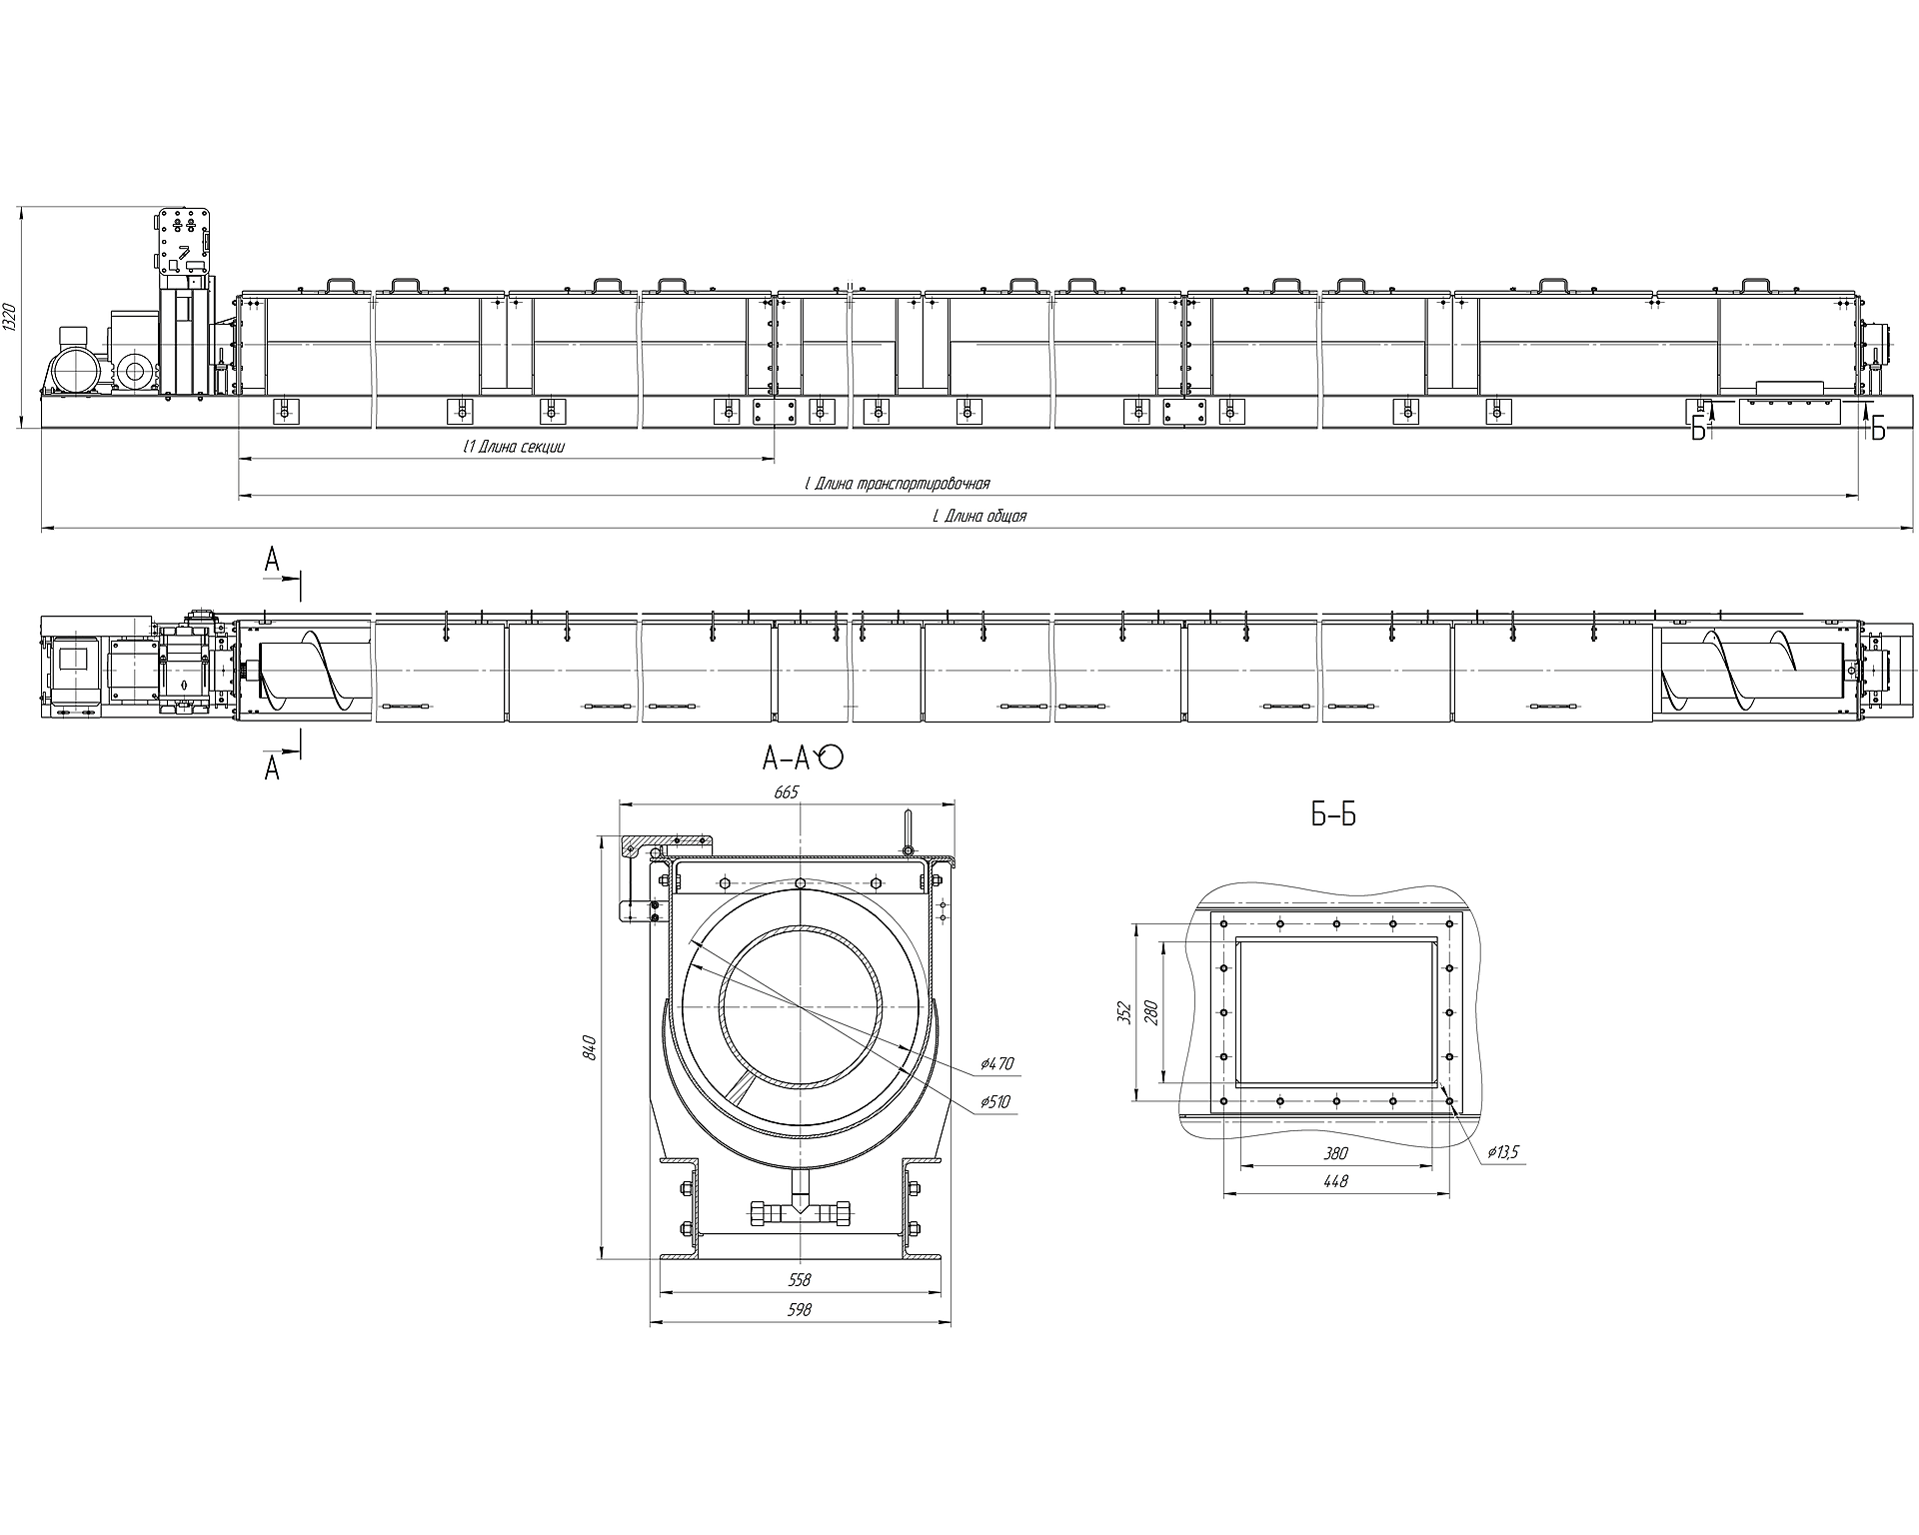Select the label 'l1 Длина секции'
[508, 447]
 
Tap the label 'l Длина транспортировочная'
[897, 484]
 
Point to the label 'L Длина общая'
[979, 517]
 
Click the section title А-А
[785, 760]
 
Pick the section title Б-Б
[1333, 815]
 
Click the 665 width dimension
[787, 792]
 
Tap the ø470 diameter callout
[996, 1064]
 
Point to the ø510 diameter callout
[995, 1102]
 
